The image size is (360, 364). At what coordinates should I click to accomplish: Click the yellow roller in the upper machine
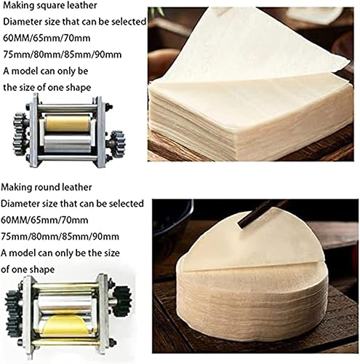point(68,124)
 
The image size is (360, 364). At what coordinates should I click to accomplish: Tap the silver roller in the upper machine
point(68,144)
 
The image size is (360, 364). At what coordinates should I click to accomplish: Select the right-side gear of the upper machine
point(118,143)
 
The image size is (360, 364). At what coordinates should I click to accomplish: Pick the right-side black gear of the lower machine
point(122,301)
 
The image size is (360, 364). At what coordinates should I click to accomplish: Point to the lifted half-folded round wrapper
point(252,242)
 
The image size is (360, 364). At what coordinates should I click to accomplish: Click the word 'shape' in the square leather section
point(79,88)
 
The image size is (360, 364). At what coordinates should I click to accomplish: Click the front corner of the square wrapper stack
point(236,132)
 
